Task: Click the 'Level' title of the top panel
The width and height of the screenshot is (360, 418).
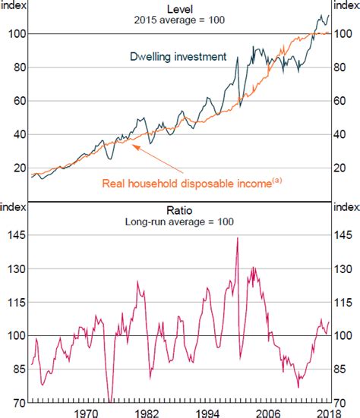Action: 179,9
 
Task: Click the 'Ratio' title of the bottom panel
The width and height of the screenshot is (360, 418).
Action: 179,211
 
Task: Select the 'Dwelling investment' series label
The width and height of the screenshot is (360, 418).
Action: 178,57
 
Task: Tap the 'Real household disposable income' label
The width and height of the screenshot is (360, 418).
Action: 187,184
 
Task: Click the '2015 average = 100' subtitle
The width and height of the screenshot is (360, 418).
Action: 179,20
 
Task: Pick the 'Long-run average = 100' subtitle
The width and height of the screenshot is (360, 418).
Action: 179,222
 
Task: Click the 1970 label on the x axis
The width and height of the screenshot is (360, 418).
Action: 86,413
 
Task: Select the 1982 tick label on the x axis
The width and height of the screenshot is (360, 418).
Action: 147,413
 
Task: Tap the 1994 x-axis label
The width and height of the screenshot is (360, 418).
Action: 207,413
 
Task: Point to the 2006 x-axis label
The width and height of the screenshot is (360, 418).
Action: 268,413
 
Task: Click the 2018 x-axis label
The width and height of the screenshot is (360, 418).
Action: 329,413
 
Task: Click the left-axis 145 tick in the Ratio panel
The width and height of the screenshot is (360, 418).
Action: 17,235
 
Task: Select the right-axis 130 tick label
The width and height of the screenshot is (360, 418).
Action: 343,269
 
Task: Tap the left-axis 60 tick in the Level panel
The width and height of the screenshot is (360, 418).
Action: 20,101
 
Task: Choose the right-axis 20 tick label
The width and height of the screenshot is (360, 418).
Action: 340,168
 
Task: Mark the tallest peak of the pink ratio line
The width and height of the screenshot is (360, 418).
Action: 238,237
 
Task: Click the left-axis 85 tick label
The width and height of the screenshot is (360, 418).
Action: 20,369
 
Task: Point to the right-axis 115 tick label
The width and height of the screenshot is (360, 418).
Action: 343,303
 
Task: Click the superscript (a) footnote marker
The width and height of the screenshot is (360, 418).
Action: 277,181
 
